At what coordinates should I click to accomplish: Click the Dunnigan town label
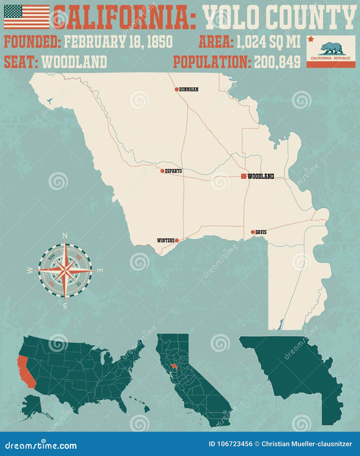(189, 89)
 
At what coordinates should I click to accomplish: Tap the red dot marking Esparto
(162, 171)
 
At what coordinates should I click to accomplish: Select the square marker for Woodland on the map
(244, 176)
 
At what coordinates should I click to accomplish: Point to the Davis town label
(261, 232)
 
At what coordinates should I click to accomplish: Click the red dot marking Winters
(177, 240)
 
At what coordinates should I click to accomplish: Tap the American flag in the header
(26, 17)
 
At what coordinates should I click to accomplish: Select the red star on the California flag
(311, 40)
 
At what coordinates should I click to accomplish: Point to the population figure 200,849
(277, 62)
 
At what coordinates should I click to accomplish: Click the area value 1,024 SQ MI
(268, 42)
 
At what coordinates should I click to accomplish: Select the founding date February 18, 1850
(118, 42)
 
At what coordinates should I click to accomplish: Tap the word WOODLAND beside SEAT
(75, 62)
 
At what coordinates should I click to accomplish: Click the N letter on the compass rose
(65, 236)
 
